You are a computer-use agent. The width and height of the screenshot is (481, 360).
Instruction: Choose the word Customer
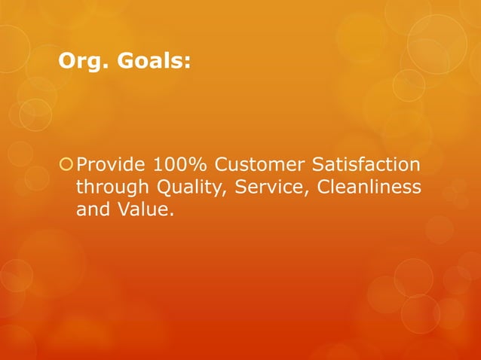259,164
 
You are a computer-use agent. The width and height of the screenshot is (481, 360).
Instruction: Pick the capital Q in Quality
162,187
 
